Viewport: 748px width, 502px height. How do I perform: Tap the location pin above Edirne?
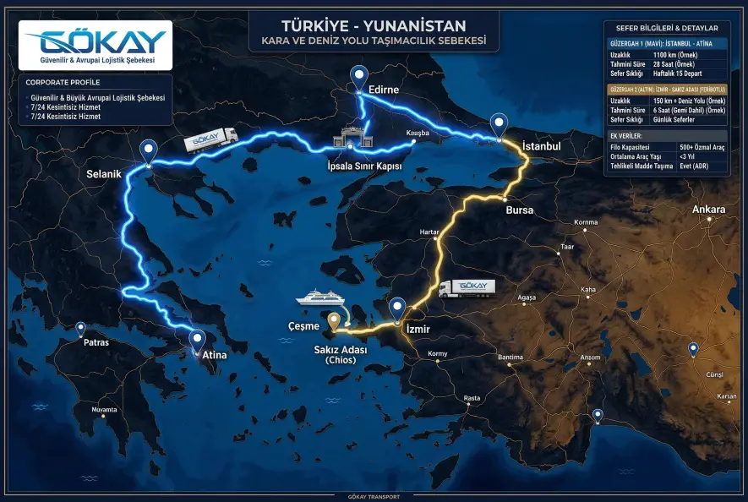(x=360, y=76)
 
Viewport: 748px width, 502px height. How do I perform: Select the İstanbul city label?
(x=542, y=145)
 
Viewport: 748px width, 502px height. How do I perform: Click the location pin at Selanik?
(x=150, y=150)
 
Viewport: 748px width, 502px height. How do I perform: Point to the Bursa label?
(x=519, y=210)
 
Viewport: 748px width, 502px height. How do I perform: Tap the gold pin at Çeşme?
(x=335, y=320)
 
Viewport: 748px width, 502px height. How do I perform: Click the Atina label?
(x=214, y=356)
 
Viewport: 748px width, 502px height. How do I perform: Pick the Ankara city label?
(x=708, y=209)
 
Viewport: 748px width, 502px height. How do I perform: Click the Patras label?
(x=96, y=343)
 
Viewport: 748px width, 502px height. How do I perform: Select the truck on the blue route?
(x=210, y=139)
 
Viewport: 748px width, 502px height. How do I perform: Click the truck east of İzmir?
(x=467, y=287)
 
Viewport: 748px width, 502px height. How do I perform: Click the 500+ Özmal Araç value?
(x=702, y=147)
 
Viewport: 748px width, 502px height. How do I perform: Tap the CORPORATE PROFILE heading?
(x=63, y=82)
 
